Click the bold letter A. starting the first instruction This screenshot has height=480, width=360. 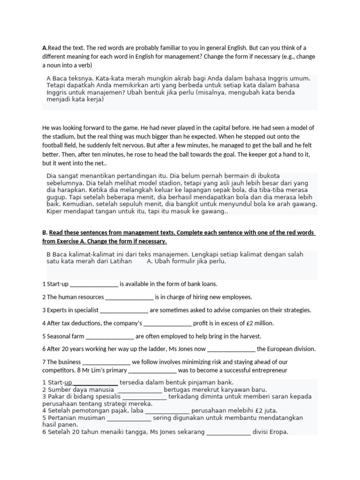click(x=45, y=48)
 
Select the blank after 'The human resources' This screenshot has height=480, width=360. click(x=129, y=297)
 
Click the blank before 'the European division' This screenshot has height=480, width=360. click(x=231, y=349)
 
